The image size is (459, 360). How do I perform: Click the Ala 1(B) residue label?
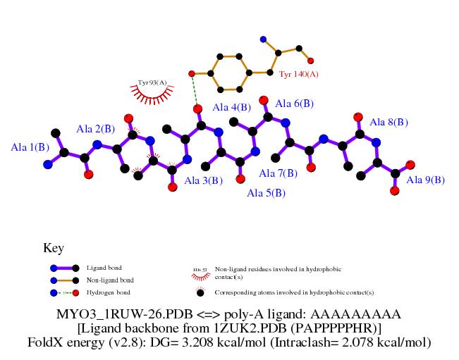[x=30, y=147]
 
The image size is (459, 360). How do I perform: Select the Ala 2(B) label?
[x=95, y=128]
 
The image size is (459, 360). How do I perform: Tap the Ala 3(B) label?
[x=204, y=180]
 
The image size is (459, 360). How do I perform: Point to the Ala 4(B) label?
[x=231, y=107]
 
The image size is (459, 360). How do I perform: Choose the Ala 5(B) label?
[x=266, y=192]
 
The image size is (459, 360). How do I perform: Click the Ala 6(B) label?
[x=294, y=104]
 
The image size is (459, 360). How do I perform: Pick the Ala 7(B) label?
[x=279, y=173]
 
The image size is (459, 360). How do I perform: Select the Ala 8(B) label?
[x=388, y=122]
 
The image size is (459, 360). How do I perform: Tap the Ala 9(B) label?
[x=426, y=180]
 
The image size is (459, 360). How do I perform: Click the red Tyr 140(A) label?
[x=299, y=74]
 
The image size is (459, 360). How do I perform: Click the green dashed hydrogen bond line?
[x=195, y=90]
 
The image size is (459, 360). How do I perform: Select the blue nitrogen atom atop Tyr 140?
[x=263, y=39]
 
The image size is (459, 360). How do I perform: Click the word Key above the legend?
[x=54, y=248]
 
